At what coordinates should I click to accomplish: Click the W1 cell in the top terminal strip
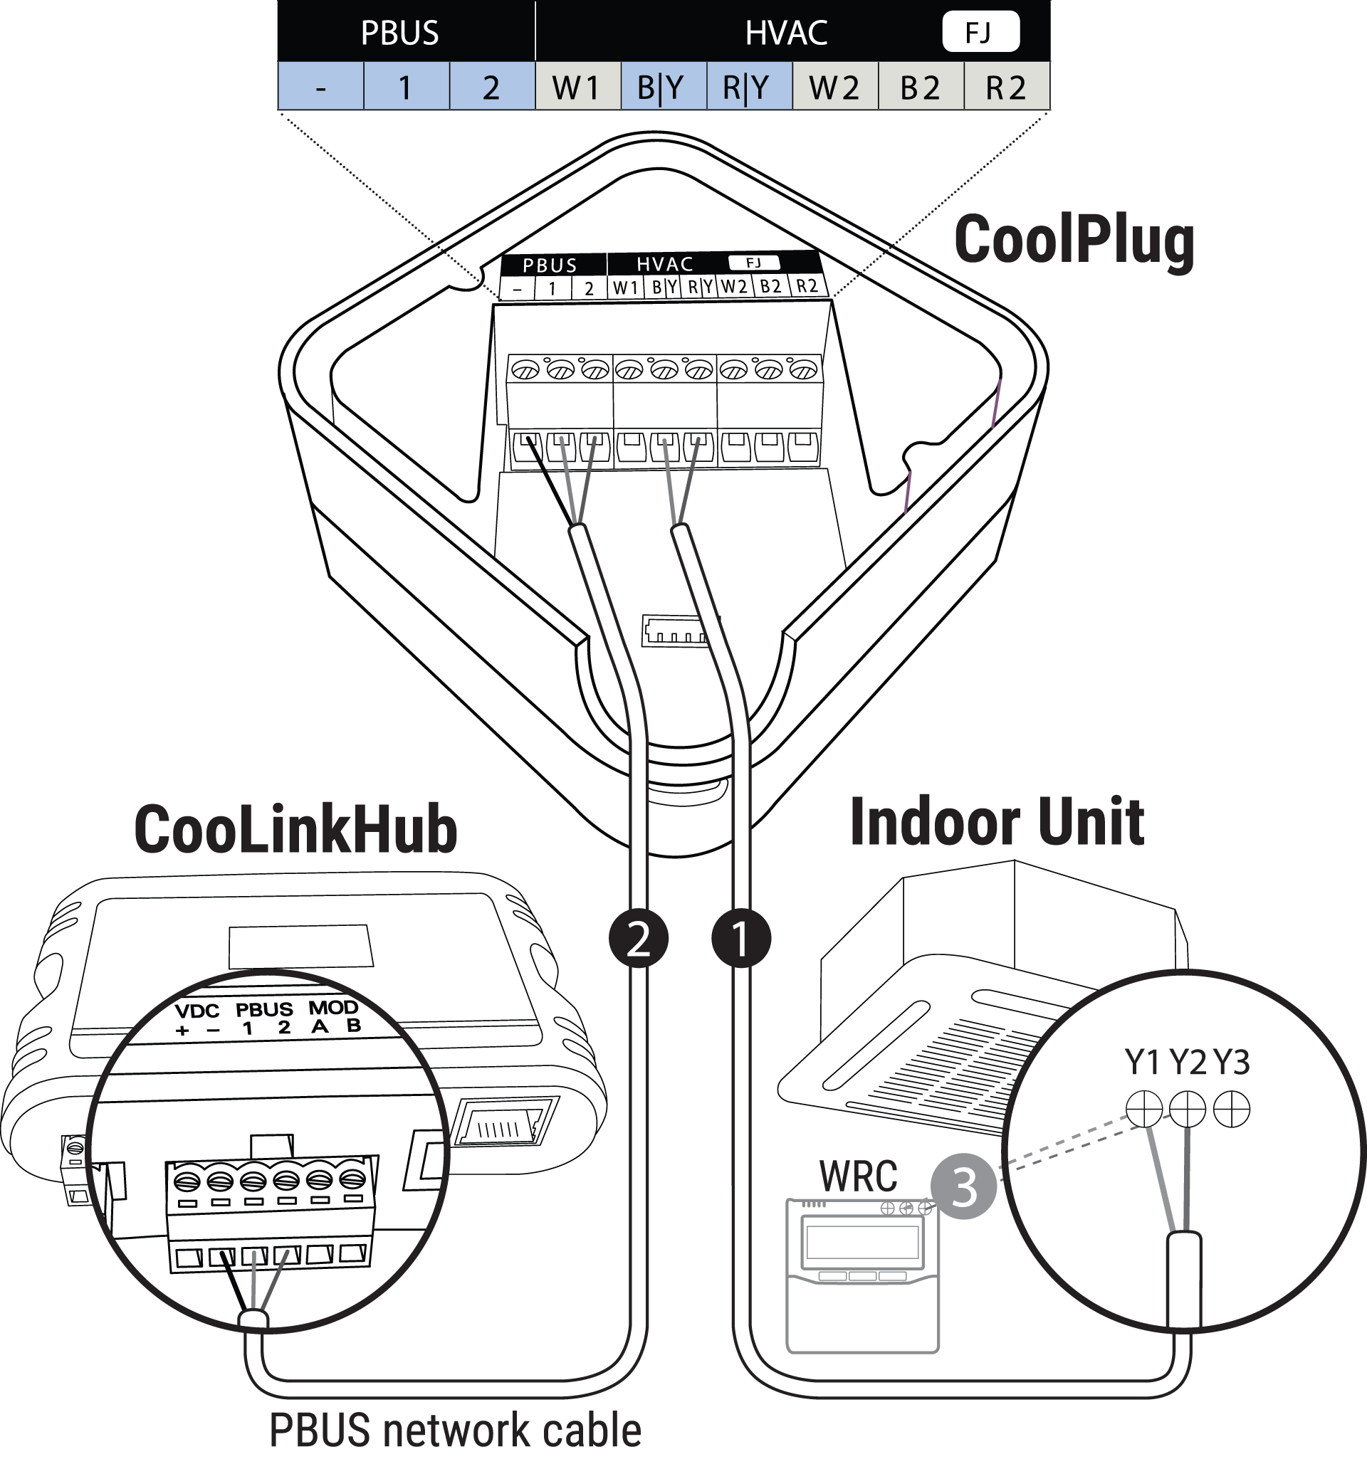[578, 87]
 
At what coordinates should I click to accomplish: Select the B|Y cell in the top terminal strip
[663, 87]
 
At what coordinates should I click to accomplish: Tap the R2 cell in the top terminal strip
[1007, 87]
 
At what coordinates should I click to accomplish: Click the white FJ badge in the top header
[981, 31]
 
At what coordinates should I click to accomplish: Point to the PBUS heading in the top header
[399, 33]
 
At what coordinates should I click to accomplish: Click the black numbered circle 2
[638, 939]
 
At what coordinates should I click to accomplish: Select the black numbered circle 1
[741, 939]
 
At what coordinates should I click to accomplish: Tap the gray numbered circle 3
[963, 1186]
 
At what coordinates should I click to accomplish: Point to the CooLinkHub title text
[296, 829]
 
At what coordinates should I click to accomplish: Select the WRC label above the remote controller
[857, 1176]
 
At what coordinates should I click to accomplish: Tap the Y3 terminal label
[1231, 1062]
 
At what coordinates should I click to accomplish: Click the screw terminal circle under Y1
[1145, 1108]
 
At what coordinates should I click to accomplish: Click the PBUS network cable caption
[455, 1430]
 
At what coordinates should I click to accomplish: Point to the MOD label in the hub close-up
[332, 1007]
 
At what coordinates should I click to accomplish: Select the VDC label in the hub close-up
[197, 1011]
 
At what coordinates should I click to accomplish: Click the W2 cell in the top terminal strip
[834, 87]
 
